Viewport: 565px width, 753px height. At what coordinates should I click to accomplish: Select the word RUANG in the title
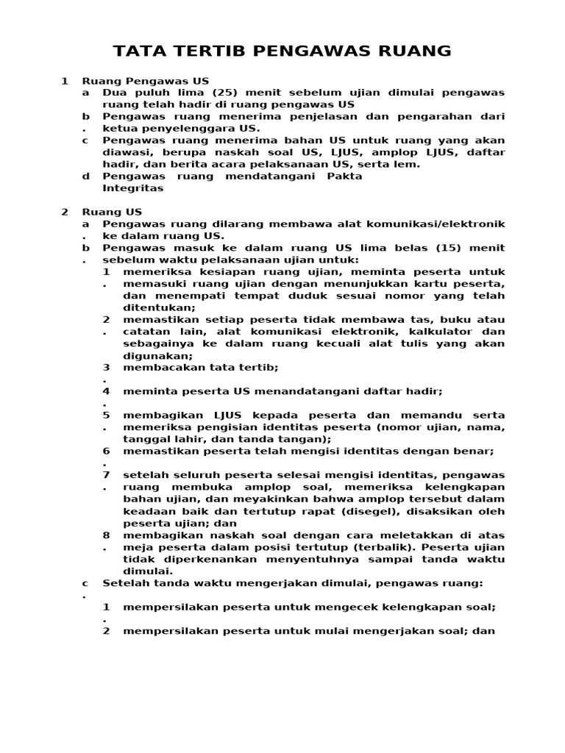point(413,51)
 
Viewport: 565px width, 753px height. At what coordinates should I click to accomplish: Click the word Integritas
point(133,188)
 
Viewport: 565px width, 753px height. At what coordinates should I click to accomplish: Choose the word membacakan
point(162,368)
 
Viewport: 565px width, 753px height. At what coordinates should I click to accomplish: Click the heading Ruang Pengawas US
point(145,80)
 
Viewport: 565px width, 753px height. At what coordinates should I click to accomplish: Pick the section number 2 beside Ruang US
point(65,212)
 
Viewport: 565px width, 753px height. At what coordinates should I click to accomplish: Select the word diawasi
point(126,152)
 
